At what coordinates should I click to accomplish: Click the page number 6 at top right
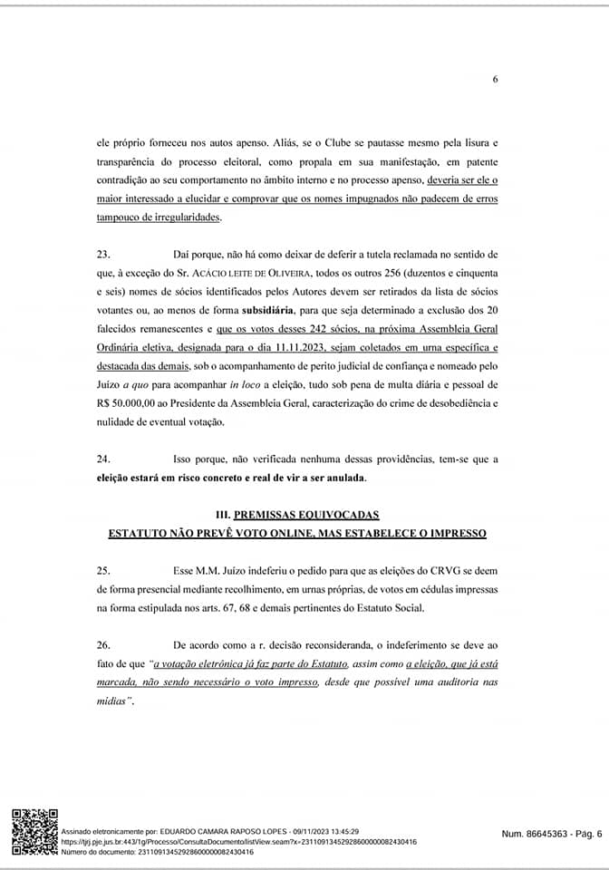(496, 80)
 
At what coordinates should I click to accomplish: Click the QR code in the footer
(34, 831)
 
